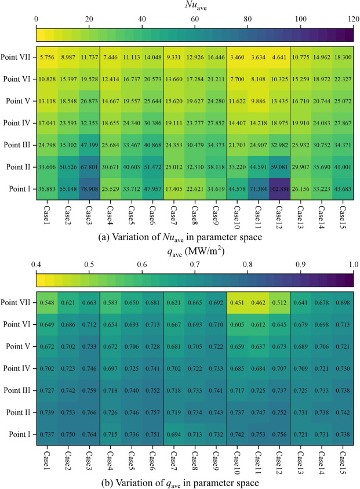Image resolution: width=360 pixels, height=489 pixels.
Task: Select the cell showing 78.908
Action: click(89, 190)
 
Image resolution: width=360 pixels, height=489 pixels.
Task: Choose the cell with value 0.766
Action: click(89, 411)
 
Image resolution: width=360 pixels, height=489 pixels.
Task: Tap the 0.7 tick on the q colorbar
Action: click(195, 265)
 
